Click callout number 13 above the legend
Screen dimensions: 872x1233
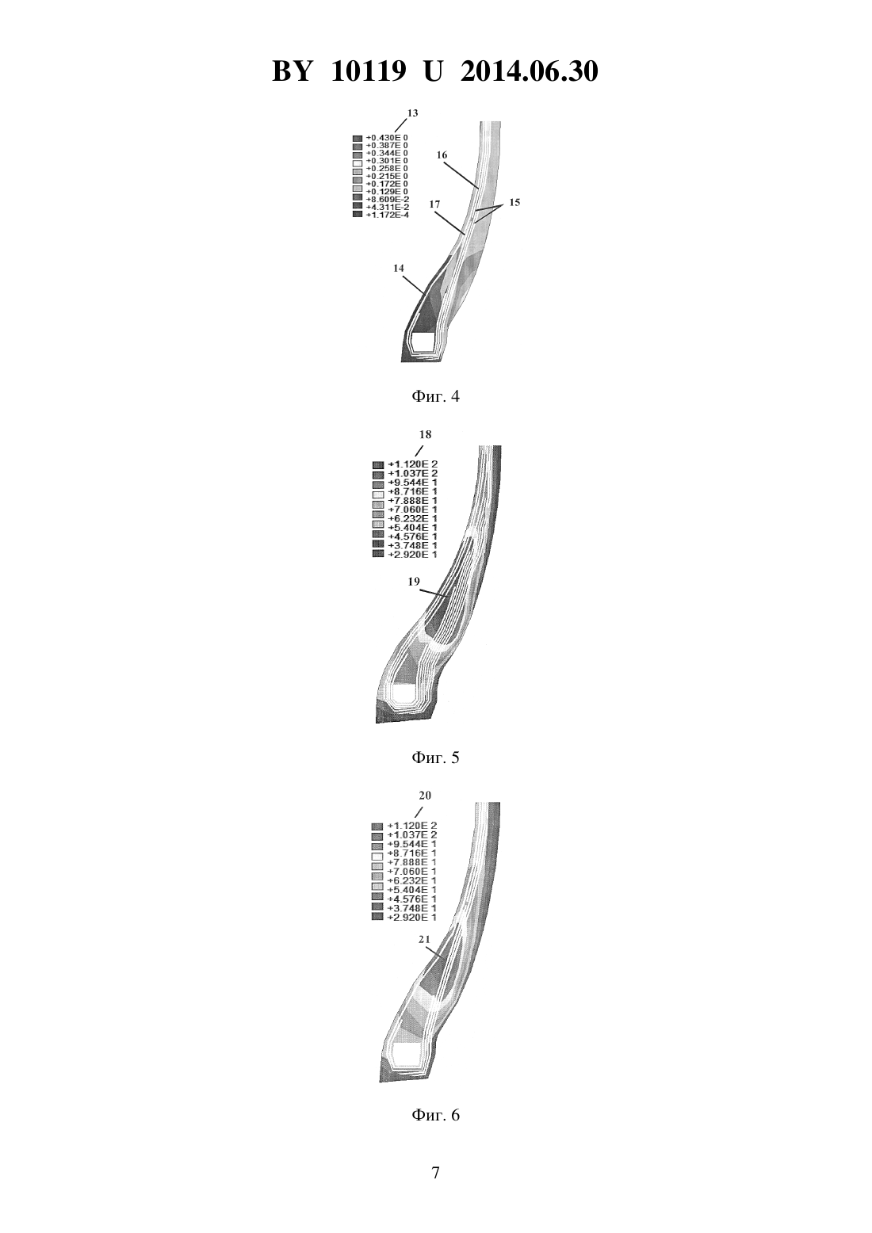coord(412,113)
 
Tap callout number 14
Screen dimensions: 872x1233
coord(399,268)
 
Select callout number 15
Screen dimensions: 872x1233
coord(514,203)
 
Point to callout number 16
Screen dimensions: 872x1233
coord(442,155)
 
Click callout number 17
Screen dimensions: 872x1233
coord(434,204)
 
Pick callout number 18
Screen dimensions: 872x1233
coord(425,434)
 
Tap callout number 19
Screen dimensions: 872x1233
coord(414,582)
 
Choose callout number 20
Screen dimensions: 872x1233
coord(424,796)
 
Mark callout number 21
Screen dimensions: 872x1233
coord(424,940)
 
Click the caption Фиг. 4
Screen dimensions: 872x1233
coord(435,396)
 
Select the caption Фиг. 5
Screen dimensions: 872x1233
coord(435,758)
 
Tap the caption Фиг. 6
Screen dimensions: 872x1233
coord(435,1115)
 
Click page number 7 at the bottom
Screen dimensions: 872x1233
coord(436,1173)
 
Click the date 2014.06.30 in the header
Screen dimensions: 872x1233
coord(529,72)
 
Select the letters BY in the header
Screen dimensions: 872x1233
coord(292,72)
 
